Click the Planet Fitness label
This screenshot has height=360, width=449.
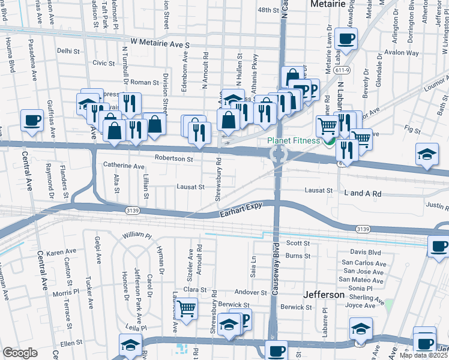pyautogui.click(x=294, y=142)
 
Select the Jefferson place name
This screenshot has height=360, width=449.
pyautogui.click(x=324, y=295)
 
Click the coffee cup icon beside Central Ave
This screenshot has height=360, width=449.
pyautogui.click(x=32, y=119)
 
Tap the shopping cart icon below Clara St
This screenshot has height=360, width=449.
pyautogui.click(x=187, y=309)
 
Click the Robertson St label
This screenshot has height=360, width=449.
pyautogui.click(x=173, y=160)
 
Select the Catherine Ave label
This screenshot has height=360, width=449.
pyautogui.click(x=124, y=166)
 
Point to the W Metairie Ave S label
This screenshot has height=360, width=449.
pyautogui.click(x=160, y=44)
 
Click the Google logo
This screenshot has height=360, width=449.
pyautogui.click(x=20, y=352)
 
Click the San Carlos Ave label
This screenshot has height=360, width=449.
pyautogui.click(x=363, y=263)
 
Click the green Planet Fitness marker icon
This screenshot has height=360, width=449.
pyautogui.click(x=328, y=142)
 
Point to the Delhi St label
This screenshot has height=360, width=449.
pyautogui.click(x=68, y=52)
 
